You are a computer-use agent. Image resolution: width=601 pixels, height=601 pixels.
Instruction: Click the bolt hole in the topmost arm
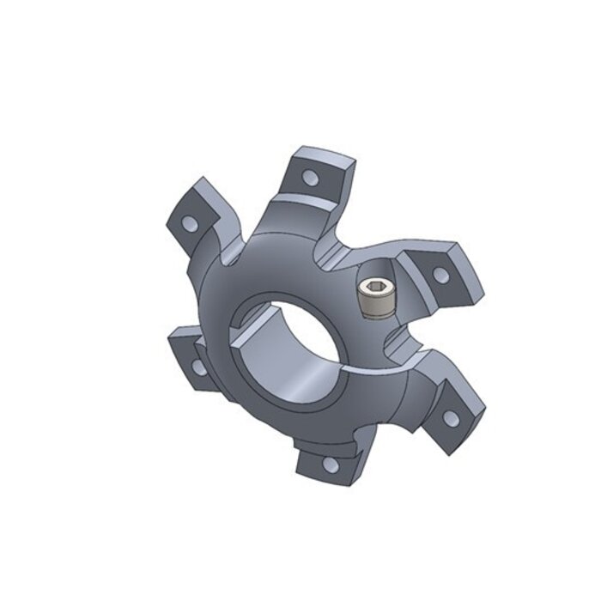click(311, 179)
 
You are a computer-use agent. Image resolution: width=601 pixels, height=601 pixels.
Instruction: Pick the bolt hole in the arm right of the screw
click(440, 275)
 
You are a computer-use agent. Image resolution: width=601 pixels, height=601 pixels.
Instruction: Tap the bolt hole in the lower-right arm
click(451, 419)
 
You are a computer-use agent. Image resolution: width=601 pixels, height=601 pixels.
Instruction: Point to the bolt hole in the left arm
click(198, 367)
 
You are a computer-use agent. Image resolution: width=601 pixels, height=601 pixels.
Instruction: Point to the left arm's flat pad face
click(191, 361)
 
